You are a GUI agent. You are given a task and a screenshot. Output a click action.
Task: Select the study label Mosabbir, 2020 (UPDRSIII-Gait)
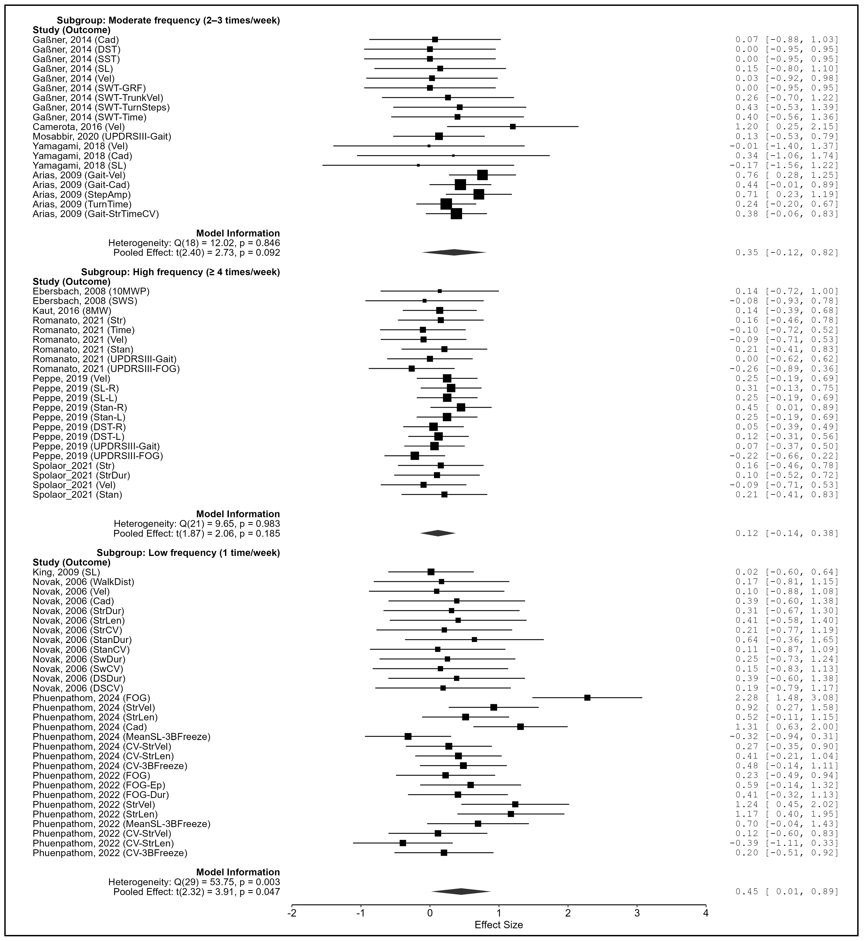102,136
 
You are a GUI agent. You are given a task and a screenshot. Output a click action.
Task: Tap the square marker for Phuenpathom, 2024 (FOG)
587,698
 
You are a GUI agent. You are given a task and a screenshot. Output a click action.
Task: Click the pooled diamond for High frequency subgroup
438,533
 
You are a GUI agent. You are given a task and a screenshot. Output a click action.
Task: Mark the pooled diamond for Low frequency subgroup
461,891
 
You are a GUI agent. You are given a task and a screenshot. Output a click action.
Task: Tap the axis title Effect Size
499,925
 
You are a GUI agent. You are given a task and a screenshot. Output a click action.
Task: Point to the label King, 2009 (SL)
66,572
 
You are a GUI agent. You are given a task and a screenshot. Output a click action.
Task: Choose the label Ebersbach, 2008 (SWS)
85,301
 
